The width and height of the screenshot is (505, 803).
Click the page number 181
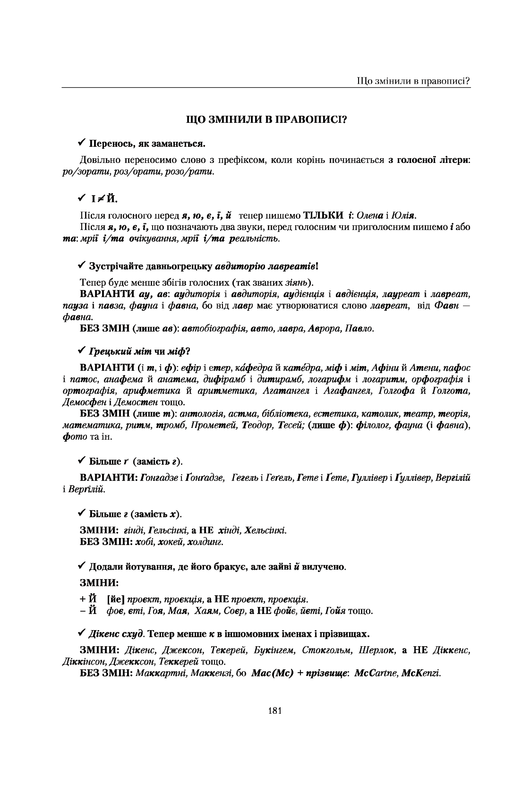point(274,710)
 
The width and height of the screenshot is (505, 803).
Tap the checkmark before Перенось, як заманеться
point(81,142)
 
